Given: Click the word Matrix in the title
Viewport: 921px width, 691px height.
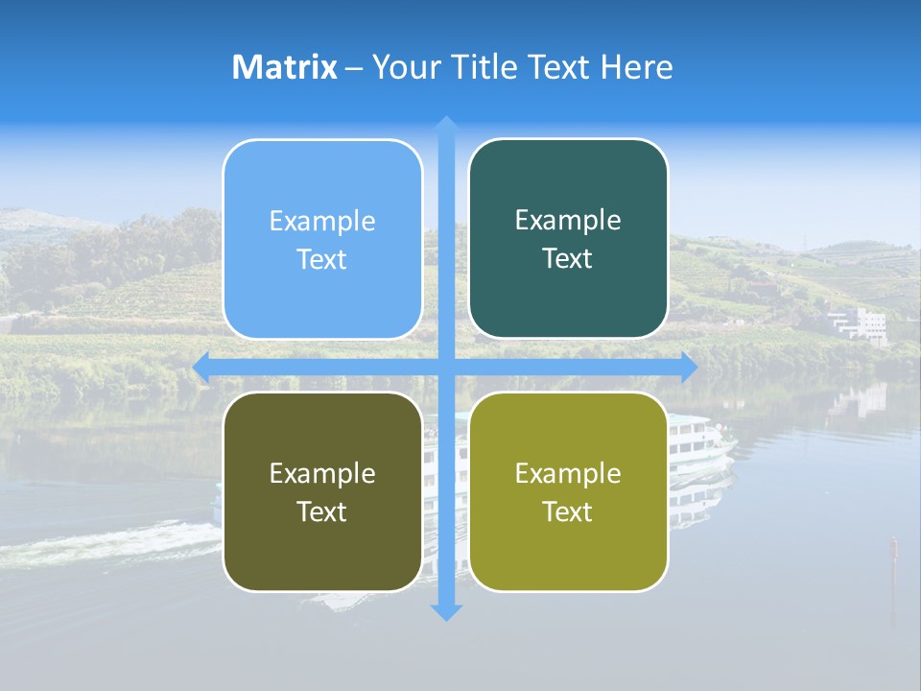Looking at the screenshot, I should [284, 67].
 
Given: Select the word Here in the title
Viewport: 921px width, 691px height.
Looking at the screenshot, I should [636, 67].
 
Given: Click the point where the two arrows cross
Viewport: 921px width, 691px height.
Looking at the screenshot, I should [446, 367].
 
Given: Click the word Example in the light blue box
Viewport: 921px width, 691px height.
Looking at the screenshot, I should [322, 221].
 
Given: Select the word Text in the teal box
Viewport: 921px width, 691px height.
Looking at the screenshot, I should [568, 258].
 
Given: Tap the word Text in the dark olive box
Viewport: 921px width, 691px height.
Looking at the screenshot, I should [322, 512].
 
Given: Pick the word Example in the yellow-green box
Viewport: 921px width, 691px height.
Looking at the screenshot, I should [568, 473].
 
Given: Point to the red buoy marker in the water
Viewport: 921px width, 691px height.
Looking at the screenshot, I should [893, 546].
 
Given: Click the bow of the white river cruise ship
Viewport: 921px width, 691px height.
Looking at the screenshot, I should [731, 443].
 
